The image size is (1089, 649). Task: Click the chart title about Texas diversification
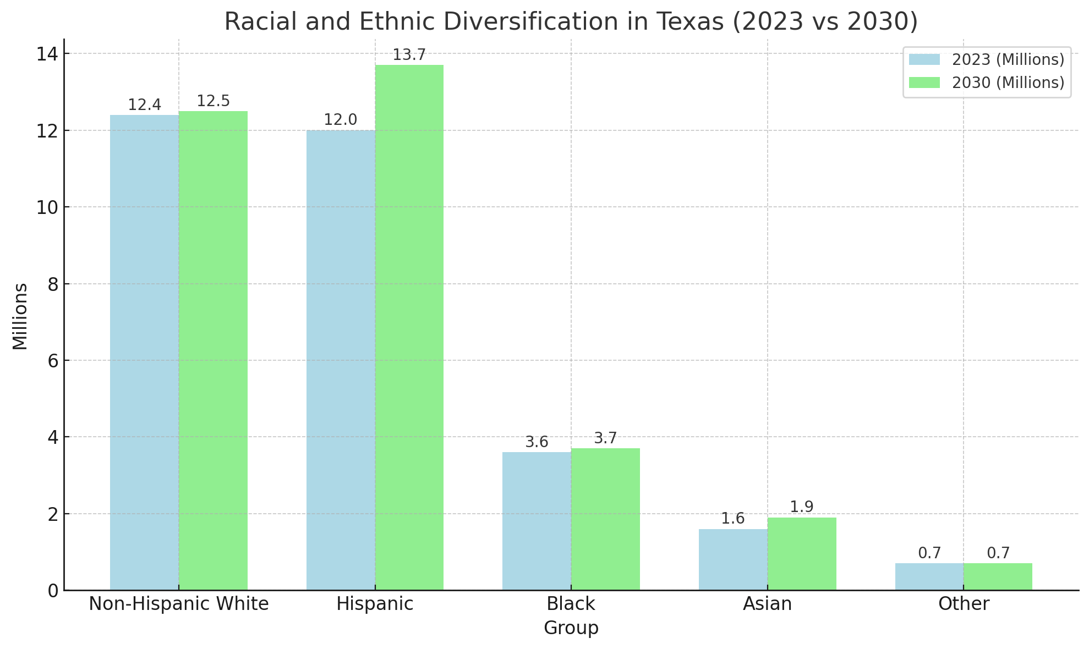(571, 22)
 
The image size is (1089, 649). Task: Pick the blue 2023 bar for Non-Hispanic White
(144, 353)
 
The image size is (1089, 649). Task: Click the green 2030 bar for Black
(605, 519)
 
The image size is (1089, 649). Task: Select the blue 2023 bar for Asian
(733, 559)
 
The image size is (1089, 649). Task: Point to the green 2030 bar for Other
(998, 576)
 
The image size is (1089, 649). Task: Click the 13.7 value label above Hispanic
(409, 55)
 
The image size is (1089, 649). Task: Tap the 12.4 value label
(144, 105)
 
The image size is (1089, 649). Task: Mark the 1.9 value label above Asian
(801, 507)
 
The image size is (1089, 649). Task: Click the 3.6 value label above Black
(537, 442)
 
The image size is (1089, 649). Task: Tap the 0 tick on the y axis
(53, 591)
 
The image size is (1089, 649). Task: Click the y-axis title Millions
(20, 316)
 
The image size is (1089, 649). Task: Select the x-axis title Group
(571, 628)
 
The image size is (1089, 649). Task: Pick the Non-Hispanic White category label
(179, 604)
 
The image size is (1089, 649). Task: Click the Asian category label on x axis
(767, 604)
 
